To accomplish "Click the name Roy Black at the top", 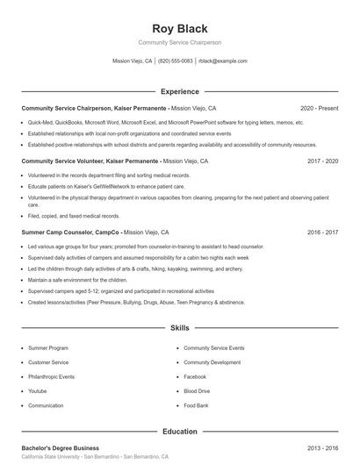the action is (x=179, y=28).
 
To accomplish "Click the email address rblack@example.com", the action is (x=222, y=61).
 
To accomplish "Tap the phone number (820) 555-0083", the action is (x=175, y=61).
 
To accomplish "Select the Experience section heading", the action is (x=179, y=91).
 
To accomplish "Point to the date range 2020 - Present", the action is (x=319, y=108).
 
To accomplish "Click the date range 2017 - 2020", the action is (x=322, y=161).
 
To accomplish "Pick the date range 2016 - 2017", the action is (x=322, y=232).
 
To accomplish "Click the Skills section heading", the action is (x=179, y=327).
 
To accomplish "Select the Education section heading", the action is (x=179, y=431).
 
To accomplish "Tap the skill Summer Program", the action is (x=47, y=348).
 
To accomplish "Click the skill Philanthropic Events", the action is (x=51, y=376).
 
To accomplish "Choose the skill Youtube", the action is (x=37, y=391).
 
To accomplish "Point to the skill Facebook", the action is (x=195, y=376).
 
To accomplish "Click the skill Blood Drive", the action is (x=197, y=391).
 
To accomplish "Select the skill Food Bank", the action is (x=196, y=405).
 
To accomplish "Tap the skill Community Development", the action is (x=212, y=362).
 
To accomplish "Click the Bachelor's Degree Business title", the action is (x=61, y=448).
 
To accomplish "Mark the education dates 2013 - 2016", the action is (x=322, y=448).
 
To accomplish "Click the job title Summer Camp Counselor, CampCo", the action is (x=71, y=232).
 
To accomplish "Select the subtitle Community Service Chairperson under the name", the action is (x=179, y=42).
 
